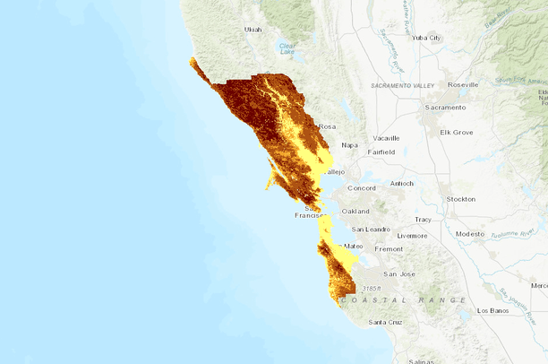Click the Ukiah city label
[x=253, y=30]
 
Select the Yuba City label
[x=426, y=38]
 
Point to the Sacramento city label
[x=446, y=108]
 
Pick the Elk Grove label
[x=456, y=132]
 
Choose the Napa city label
[x=350, y=144]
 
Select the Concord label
[x=361, y=188]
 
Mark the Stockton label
[x=460, y=199]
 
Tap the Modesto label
[x=469, y=233]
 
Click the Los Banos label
[x=493, y=310]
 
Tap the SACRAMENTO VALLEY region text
[x=402, y=85]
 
